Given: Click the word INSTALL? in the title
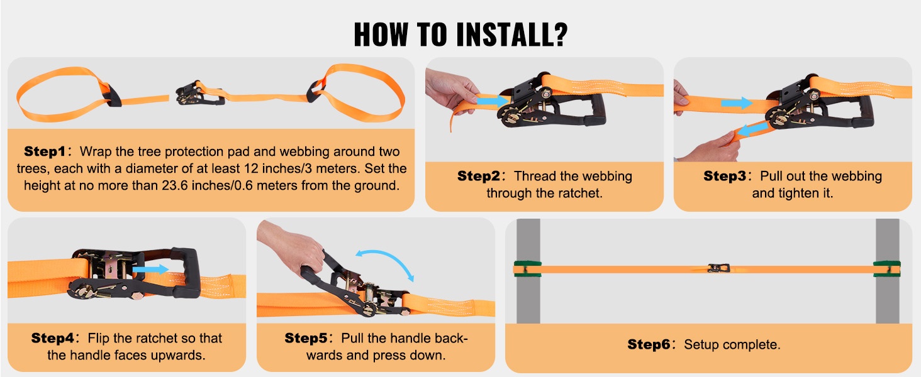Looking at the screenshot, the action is click(512, 34).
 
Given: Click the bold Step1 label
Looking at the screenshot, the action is click(45, 151).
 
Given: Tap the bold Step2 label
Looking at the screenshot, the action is click(479, 176).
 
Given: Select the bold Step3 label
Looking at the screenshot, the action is click(725, 176).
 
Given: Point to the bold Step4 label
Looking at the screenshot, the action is click(53, 338).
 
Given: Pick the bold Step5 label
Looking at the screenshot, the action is click(306, 338).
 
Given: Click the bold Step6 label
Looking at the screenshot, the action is click(649, 344).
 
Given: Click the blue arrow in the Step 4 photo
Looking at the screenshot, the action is click(150, 270).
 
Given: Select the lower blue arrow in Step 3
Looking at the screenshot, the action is click(752, 129).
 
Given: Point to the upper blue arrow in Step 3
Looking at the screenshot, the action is click(737, 102).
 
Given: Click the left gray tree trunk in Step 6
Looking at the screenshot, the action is click(528, 271).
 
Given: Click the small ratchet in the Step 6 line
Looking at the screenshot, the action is click(718, 268).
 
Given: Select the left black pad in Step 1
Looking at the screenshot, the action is click(112, 96).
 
